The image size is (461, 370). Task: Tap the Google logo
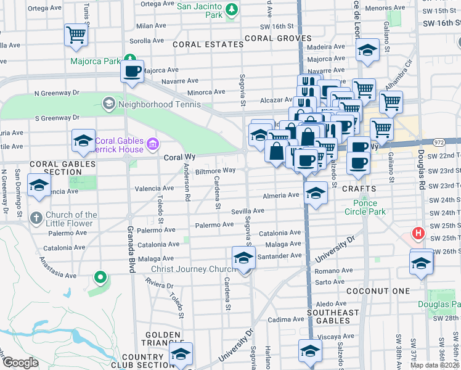tap(20, 363)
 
